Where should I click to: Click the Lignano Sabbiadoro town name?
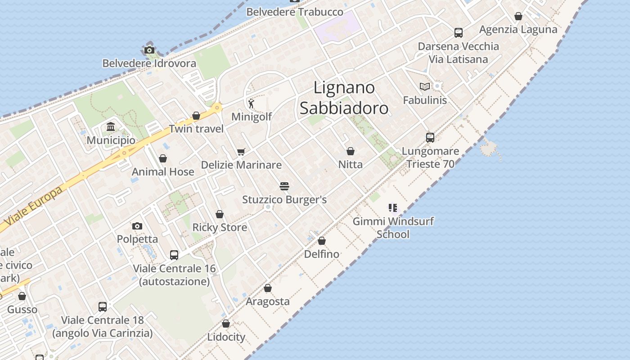tap(344, 98)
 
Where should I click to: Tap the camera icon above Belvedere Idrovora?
tap(149, 50)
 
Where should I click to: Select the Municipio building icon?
tap(111, 127)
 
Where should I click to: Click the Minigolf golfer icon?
tap(251, 104)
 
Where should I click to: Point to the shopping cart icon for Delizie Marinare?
tap(241, 152)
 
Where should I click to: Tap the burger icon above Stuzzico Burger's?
tap(284, 186)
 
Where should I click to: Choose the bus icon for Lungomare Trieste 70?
tap(430, 138)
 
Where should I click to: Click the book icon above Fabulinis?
tap(424, 86)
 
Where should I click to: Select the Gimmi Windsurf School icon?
tap(393, 208)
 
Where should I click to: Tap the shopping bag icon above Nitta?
tap(351, 151)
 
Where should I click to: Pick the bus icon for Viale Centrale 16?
tap(174, 255)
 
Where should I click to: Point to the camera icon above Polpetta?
tap(137, 226)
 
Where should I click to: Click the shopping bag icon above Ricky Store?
tap(220, 214)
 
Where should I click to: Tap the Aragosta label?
tap(268, 301)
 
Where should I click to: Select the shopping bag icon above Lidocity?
tap(226, 324)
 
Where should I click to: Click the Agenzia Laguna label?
tap(518, 30)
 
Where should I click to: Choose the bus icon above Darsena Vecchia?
tap(458, 33)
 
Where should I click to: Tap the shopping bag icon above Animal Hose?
tap(163, 158)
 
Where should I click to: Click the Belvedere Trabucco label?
tap(295, 12)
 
